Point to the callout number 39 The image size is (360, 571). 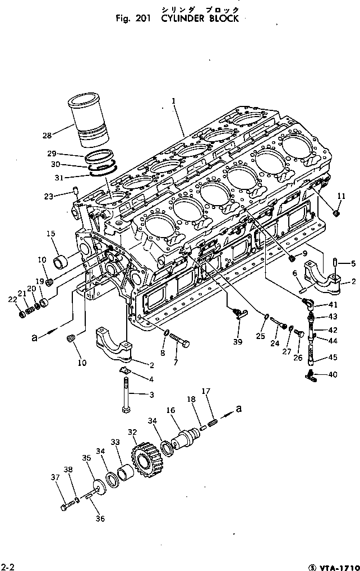pyautogui.click(x=237, y=342)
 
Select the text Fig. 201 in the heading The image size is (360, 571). pyautogui.click(x=132, y=18)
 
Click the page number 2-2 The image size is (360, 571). pyautogui.click(x=7, y=564)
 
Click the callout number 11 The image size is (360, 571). pyautogui.click(x=341, y=196)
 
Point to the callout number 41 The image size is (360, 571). pyautogui.click(x=333, y=305)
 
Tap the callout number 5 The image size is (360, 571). pyautogui.click(x=353, y=263)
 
